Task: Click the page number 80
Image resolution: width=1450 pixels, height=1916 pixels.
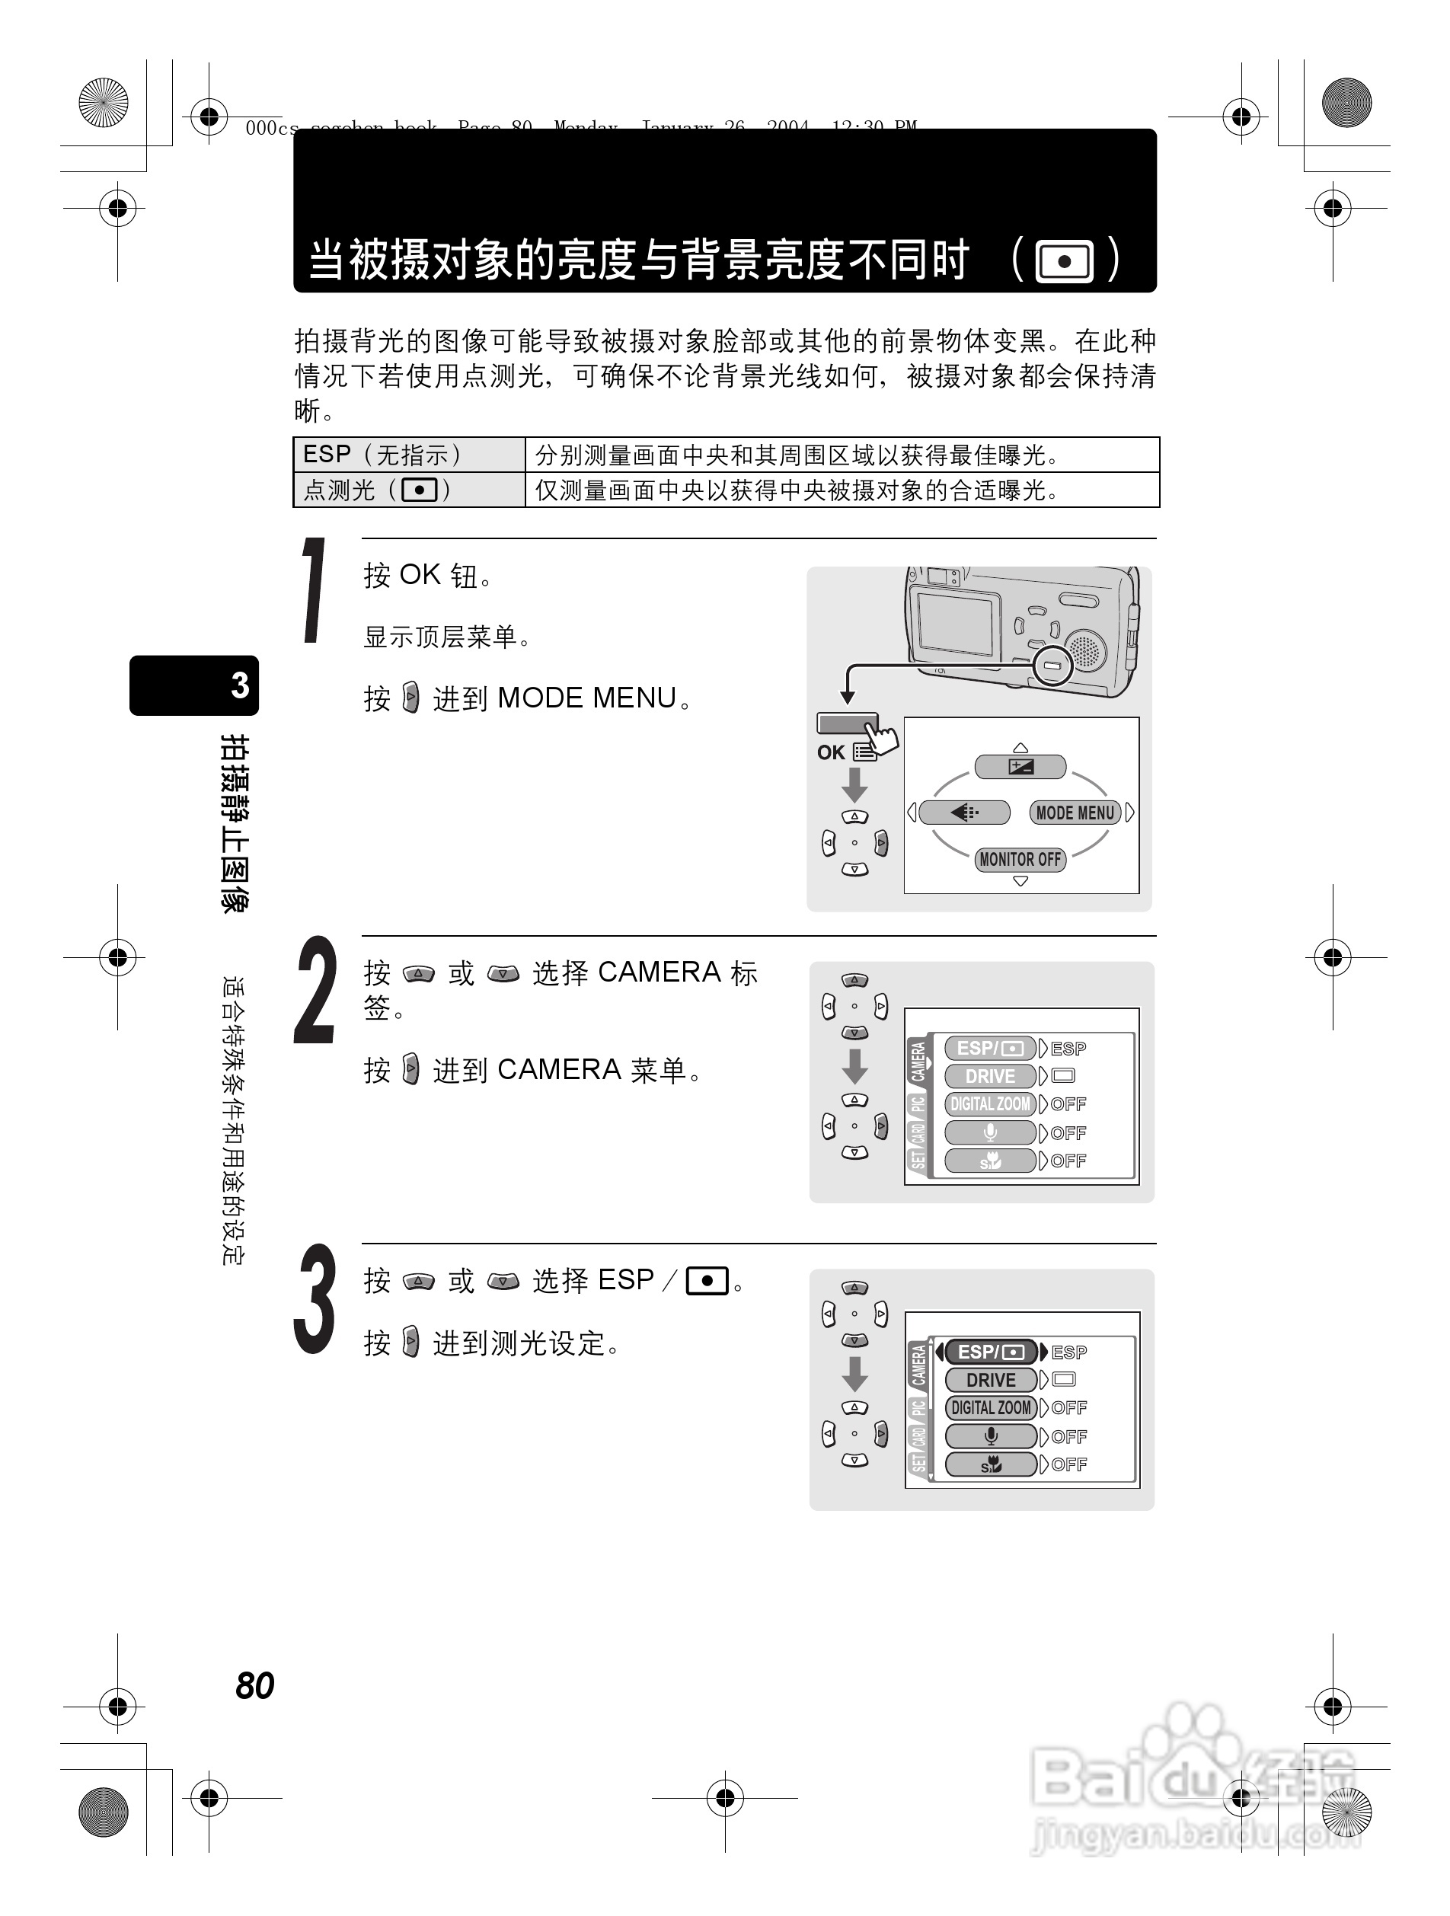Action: point(254,1685)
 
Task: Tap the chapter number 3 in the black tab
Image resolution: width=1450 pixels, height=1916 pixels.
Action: point(240,685)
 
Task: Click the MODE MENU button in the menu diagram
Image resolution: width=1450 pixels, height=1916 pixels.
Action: point(1075,813)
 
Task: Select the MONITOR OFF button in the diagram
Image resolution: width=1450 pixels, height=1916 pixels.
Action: point(1020,859)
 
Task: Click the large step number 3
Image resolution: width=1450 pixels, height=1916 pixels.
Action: point(314,1298)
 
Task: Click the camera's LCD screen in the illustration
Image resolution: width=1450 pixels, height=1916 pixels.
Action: point(956,624)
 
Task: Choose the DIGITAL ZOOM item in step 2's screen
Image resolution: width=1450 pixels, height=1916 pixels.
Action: point(990,1104)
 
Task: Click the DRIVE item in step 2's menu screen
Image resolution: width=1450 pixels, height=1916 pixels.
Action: point(990,1076)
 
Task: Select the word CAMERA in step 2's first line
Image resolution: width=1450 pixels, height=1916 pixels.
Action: point(660,972)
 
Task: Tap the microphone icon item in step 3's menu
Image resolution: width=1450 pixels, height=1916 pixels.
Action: point(991,1436)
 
